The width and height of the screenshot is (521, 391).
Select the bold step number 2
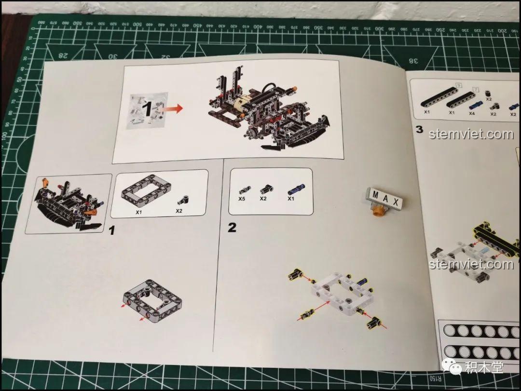pyautogui.click(x=232, y=227)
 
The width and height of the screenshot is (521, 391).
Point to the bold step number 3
pyautogui.click(x=419, y=130)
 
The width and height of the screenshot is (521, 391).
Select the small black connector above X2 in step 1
pyautogui.click(x=182, y=200)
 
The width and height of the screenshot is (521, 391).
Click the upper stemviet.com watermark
pyautogui.click(x=471, y=134)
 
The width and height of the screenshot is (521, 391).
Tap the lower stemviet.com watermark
pyautogui.click(x=471, y=264)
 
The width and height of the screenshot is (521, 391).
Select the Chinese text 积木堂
pyautogui.click(x=484, y=368)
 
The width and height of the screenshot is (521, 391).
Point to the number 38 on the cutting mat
pyautogui.click(x=413, y=61)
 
